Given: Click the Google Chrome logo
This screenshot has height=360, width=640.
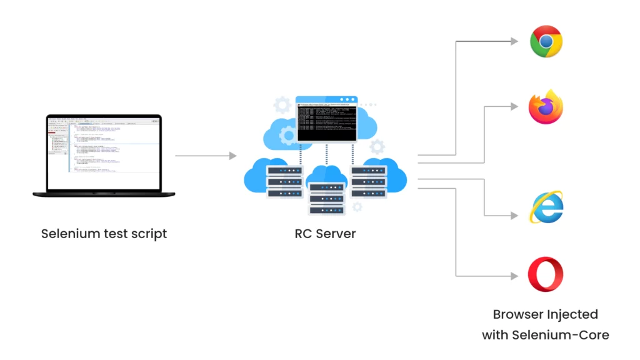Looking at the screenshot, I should click(x=546, y=41).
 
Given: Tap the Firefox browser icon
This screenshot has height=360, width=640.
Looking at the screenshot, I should click(x=546, y=107).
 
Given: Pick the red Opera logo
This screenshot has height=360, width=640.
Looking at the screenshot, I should click(x=546, y=276).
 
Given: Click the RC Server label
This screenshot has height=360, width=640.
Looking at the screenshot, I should click(x=325, y=234).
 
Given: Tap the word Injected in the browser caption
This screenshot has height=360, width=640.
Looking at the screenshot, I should click(x=567, y=314).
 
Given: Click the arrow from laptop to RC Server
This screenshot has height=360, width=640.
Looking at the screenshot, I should click(x=206, y=156).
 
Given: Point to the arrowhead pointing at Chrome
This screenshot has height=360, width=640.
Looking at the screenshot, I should click(x=514, y=42).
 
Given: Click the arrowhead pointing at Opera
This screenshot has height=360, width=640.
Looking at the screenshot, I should click(x=514, y=276).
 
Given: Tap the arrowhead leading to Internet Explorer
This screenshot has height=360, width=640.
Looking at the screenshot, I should click(x=514, y=215).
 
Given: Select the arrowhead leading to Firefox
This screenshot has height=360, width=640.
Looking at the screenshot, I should click(x=514, y=107).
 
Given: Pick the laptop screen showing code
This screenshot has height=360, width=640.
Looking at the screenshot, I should click(x=104, y=154).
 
